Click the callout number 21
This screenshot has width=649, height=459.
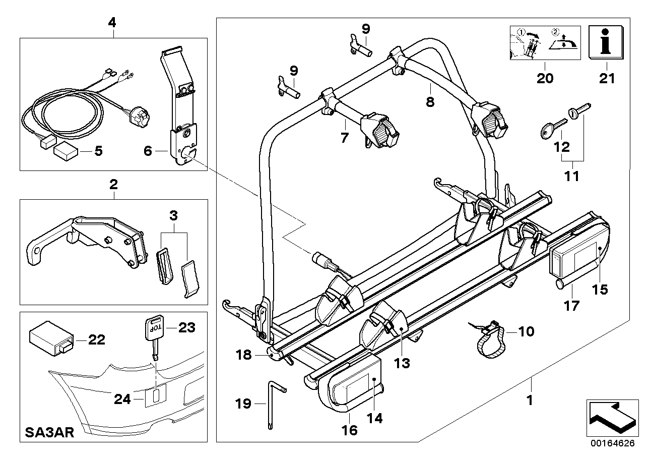click(606, 78)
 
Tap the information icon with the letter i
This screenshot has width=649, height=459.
click(606, 42)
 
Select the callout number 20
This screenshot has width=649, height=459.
click(545, 78)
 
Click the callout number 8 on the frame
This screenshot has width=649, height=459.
click(429, 102)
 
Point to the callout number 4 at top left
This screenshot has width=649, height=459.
click(112, 22)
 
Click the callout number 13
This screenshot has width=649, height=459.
click(403, 363)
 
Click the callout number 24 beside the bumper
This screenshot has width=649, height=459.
click(121, 399)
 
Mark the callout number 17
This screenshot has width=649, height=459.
click(571, 305)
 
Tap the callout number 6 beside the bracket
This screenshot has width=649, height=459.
click(148, 150)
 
